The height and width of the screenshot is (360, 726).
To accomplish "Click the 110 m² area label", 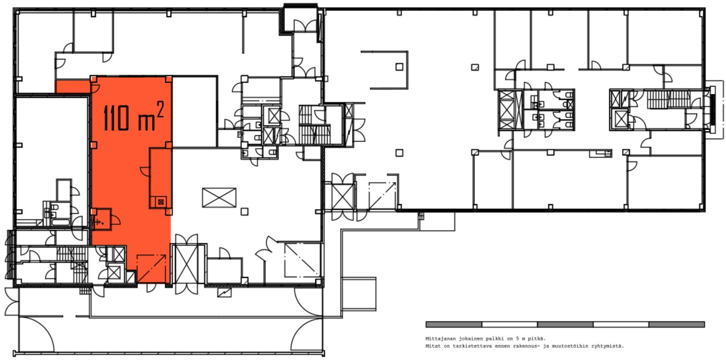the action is pos(133,116).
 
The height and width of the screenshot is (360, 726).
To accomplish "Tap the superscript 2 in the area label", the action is pos(160,110).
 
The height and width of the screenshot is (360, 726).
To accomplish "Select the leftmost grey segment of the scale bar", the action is pos(454,324).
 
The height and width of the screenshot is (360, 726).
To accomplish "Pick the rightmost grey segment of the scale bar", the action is pos(677,324).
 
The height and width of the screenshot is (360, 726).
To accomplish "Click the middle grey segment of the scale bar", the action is pos(565,324).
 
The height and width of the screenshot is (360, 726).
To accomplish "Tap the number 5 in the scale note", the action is pos(518,339).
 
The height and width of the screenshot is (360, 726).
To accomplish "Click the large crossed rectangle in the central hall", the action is pos(219,197).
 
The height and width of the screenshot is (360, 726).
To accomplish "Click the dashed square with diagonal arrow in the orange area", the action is pos(152,268).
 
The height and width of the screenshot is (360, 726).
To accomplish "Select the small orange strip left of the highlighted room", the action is pos(73,86).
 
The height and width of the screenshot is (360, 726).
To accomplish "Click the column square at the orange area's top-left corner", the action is pos(93,79).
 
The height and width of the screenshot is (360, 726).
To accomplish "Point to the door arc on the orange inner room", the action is pos(145,172).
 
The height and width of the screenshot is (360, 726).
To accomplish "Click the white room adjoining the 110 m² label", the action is pos(195,112).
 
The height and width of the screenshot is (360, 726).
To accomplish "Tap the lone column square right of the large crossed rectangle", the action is pos(245,212).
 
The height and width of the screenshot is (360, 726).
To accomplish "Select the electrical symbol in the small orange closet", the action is pos(98,222).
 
